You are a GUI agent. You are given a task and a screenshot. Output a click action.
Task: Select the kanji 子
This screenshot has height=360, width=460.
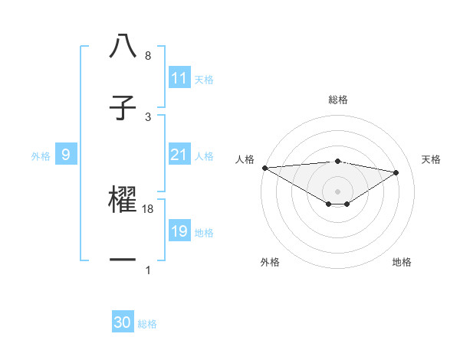pos(123,108)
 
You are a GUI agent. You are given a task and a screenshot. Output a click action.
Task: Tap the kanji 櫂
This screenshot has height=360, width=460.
pos(123,200)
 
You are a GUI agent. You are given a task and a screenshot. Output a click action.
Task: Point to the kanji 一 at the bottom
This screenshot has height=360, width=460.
pos(123,260)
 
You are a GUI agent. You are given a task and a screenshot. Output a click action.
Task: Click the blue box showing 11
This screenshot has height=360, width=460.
pos(179,78)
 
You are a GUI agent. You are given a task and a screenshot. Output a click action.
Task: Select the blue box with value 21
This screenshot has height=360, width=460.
pos(179,155)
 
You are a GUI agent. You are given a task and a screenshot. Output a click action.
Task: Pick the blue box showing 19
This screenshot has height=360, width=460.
pos(179,231)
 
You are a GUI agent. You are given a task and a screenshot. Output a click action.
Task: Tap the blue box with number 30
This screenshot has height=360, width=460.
pos(123,322)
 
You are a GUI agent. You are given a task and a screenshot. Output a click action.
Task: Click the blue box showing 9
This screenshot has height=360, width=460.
pos(66,155)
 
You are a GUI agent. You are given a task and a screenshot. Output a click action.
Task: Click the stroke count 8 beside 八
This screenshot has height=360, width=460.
pos(148,56)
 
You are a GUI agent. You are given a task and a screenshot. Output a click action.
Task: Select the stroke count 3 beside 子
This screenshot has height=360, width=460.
pos(148,116)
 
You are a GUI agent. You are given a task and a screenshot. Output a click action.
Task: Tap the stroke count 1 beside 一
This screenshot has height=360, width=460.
pos(148,270)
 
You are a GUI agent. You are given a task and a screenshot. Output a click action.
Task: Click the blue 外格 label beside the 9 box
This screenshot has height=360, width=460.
pos(41,155)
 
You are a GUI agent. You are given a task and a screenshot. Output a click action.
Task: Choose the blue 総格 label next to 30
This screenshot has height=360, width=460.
pos(148,324)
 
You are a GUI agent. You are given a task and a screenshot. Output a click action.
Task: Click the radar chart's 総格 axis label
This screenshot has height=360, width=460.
pos(338,100)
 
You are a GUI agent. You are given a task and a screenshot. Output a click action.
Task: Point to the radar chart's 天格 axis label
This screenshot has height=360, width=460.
pos(432,159)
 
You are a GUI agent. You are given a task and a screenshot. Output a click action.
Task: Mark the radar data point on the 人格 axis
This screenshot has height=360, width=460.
pos(264,168)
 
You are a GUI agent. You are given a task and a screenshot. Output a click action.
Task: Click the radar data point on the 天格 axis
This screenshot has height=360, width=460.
pos(396,172)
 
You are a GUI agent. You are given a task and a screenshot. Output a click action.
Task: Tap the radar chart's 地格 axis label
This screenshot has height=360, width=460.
pos(402,262)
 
